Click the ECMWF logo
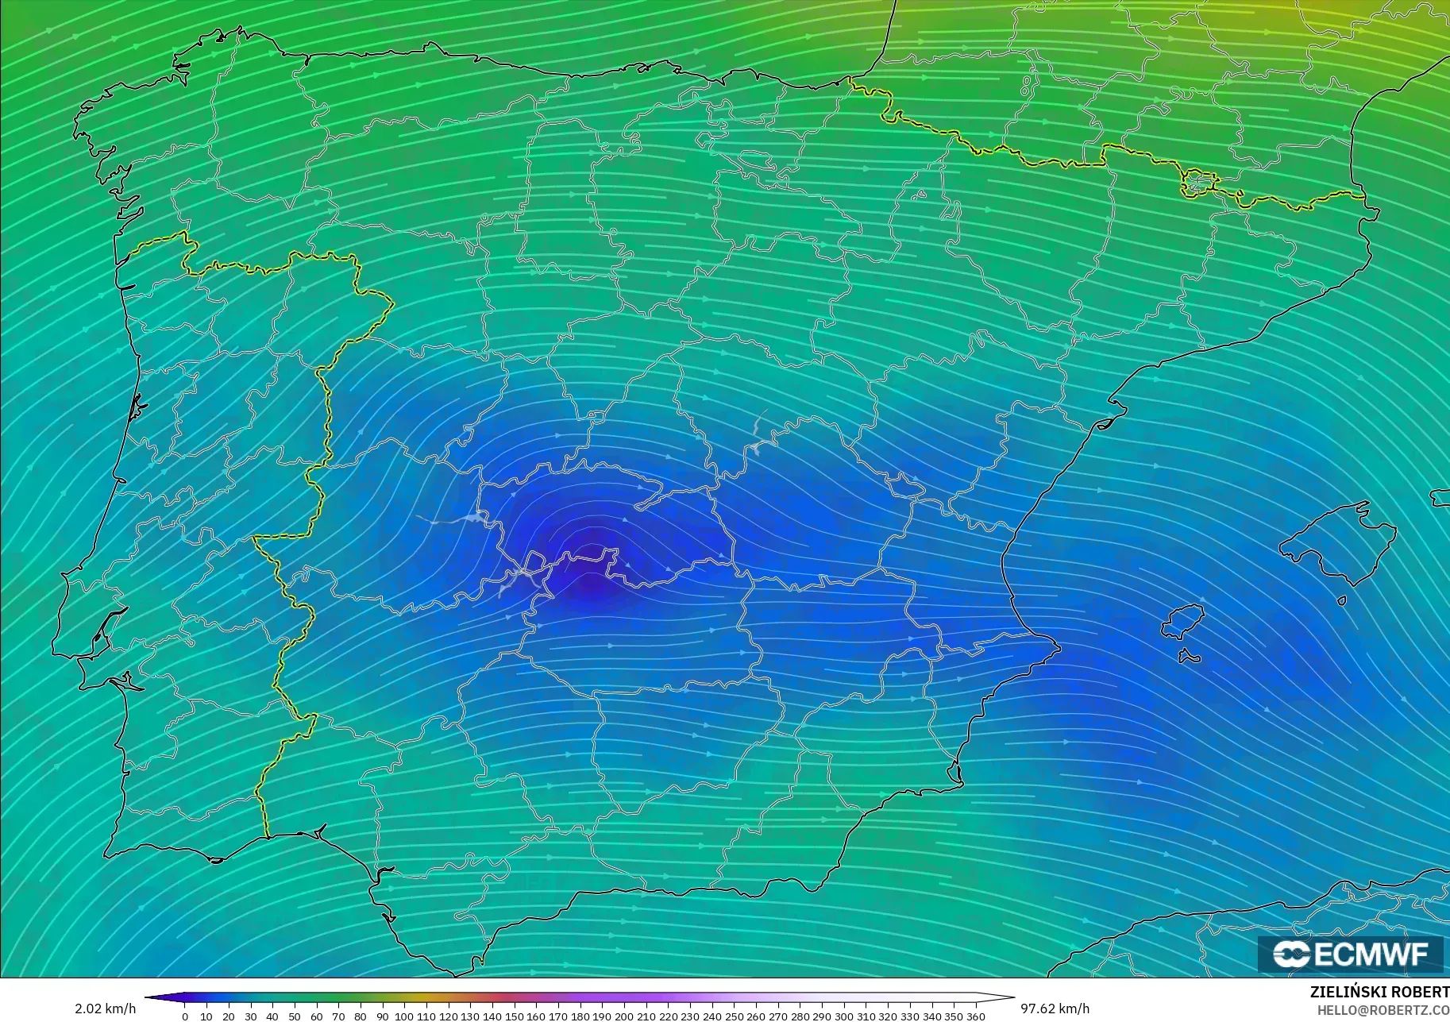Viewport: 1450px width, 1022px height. tap(1350, 954)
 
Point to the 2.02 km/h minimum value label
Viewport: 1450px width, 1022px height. tap(105, 1009)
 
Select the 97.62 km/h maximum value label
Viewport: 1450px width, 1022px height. tap(1055, 1009)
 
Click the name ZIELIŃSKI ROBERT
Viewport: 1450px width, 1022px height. tap(1379, 993)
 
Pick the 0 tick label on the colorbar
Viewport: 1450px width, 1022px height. tap(185, 1016)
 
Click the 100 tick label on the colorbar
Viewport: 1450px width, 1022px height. tap(404, 1016)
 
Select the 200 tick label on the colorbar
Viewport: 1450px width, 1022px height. tap(624, 1016)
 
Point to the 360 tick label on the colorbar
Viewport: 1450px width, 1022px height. tap(975, 1016)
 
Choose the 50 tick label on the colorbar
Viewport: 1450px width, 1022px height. tap(295, 1016)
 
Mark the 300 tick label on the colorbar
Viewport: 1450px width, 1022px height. tap(843, 1016)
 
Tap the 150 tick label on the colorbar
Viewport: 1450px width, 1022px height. tap(514, 1016)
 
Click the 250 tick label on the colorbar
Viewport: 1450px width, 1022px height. tap(734, 1016)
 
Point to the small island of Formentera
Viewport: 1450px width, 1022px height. tap(1189, 657)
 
